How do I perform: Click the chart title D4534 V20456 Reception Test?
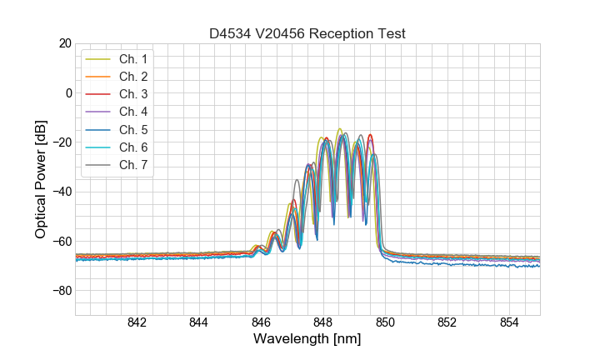307,33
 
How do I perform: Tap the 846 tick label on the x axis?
261,323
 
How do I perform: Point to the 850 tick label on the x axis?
385,323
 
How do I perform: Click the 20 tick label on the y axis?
64,43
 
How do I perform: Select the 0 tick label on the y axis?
68,92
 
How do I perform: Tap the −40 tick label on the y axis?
61,192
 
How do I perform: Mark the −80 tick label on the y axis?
61,291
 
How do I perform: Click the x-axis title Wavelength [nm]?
307,340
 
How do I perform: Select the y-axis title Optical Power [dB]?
41,179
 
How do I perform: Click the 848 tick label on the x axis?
323,323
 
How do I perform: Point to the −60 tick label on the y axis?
61,242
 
